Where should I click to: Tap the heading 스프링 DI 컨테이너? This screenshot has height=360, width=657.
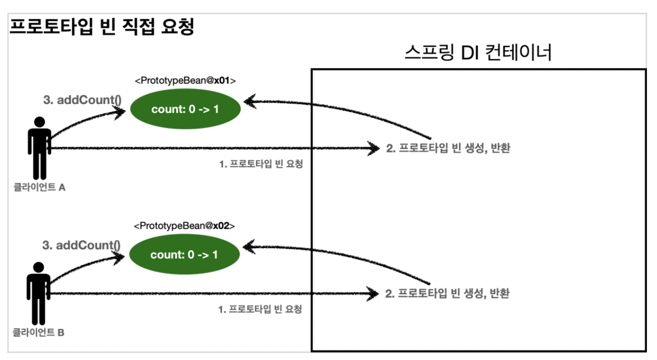point(478,53)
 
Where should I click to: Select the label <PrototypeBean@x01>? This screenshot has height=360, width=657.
point(185,81)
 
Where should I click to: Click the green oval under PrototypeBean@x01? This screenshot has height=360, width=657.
point(185,110)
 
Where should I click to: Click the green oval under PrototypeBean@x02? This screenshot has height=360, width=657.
point(184,255)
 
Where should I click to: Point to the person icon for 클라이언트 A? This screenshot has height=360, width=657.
point(39,148)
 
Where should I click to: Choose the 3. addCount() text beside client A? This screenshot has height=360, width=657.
point(82,100)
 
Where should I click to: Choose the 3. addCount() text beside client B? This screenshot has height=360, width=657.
point(82,245)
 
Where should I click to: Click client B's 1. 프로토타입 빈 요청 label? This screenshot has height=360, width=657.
point(260,309)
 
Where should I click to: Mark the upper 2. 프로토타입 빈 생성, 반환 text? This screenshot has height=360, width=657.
point(448,149)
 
